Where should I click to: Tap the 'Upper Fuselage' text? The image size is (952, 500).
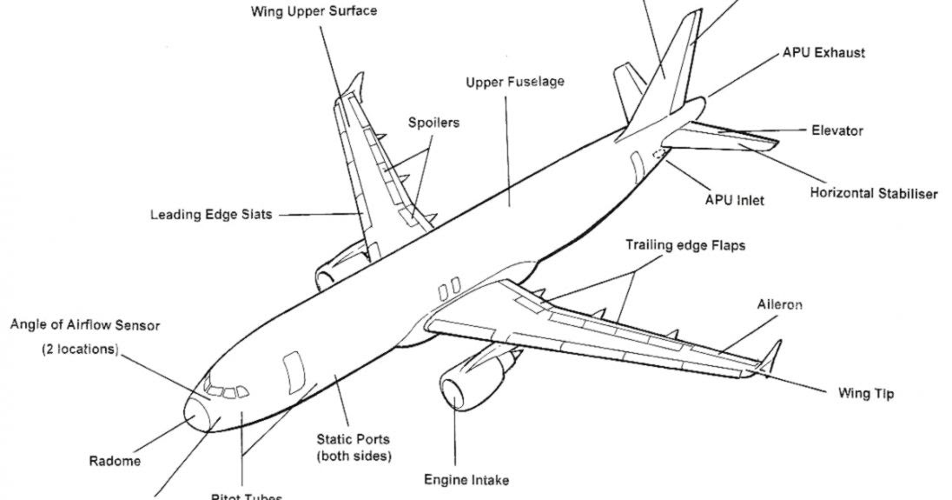(x=515, y=82)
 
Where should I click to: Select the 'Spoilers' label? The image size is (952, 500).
(x=433, y=123)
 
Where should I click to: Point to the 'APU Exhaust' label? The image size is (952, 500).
(x=823, y=52)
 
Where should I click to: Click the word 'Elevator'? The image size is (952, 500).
(x=836, y=130)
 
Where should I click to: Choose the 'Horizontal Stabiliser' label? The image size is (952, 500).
(x=873, y=193)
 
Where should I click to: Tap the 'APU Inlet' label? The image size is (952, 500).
(x=735, y=200)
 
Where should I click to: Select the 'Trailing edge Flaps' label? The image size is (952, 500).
(x=685, y=246)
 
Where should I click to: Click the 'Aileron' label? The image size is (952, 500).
(x=779, y=304)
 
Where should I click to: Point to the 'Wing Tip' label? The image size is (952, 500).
(x=865, y=393)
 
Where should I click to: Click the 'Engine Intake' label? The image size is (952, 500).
(x=466, y=479)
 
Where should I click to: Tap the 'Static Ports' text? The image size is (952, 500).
(x=353, y=439)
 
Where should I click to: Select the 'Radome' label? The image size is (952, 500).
(x=115, y=461)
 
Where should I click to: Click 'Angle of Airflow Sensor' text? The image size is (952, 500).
(x=85, y=325)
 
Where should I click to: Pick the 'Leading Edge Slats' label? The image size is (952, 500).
(x=211, y=214)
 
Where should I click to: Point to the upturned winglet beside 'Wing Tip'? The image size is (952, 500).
(x=770, y=356)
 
